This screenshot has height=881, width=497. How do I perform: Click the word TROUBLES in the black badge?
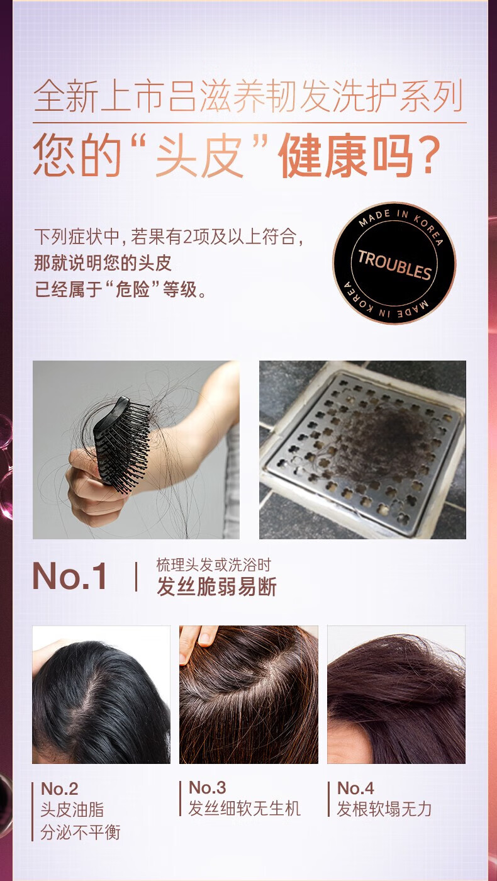click(x=394, y=264)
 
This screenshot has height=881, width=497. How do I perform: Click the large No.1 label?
click(x=70, y=576)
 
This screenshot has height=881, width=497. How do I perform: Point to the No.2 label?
click(x=59, y=788)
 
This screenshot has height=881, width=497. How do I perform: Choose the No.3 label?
click(x=208, y=787)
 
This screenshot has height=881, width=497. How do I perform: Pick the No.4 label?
click(x=355, y=788)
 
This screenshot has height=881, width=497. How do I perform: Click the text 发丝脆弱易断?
click(x=216, y=586)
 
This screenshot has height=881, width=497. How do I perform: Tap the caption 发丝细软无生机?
click(x=245, y=809)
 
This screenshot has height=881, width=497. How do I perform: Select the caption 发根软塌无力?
click(x=384, y=809)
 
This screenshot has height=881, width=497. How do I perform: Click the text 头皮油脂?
click(x=72, y=811)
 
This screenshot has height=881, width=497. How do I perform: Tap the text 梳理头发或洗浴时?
click(x=214, y=565)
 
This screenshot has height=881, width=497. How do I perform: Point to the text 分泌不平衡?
click(x=80, y=833)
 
